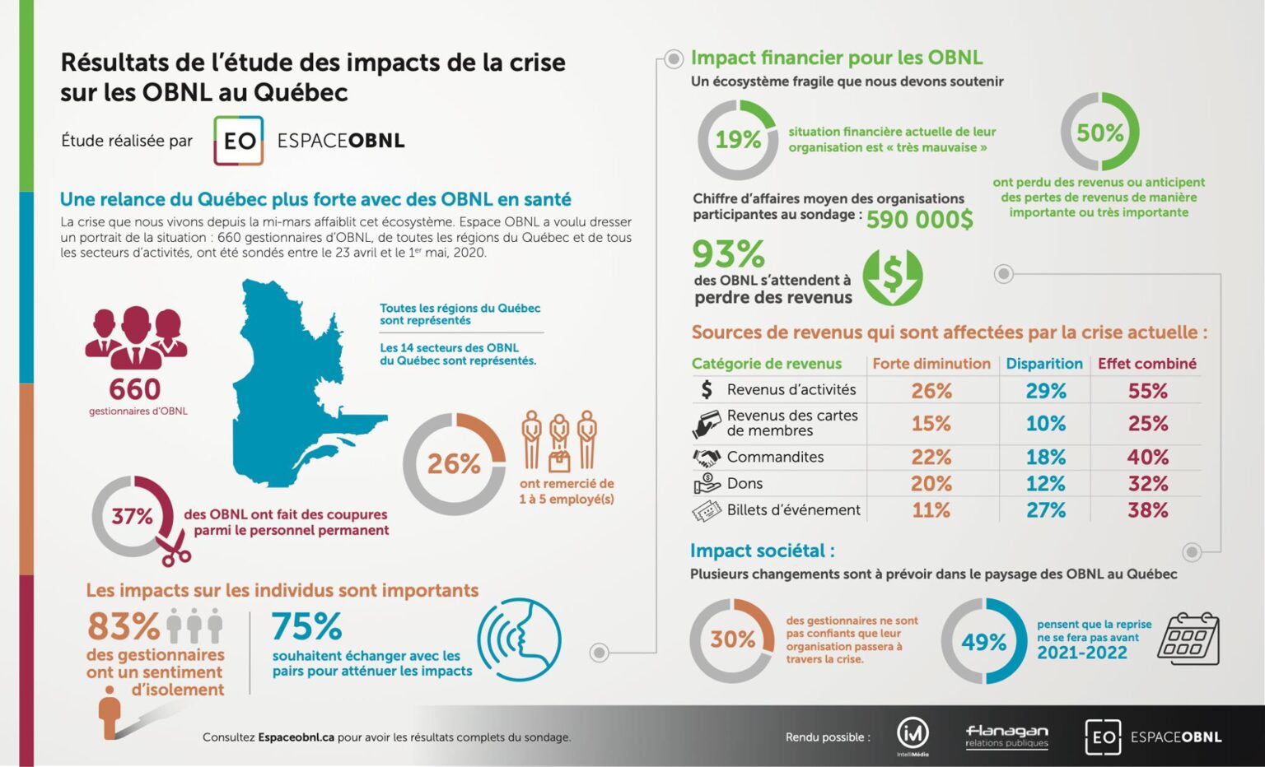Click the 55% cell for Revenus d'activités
point(1147,391)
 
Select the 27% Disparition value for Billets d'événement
point(1045,510)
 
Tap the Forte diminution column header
point(931,364)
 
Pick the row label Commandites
point(775,457)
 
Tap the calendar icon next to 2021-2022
point(1188,639)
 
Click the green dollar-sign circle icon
point(893,277)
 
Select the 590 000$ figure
point(919,220)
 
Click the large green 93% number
point(728,254)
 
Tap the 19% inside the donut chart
point(737,140)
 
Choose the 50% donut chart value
point(1099,132)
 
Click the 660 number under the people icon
point(135,388)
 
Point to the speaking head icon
point(519,639)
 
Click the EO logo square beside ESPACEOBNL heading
point(239,141)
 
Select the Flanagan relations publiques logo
point(1006,736)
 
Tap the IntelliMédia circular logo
point(913,732)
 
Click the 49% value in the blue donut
point(983,642)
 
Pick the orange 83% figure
point(124,626)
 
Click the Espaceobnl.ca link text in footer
point(296,737)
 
